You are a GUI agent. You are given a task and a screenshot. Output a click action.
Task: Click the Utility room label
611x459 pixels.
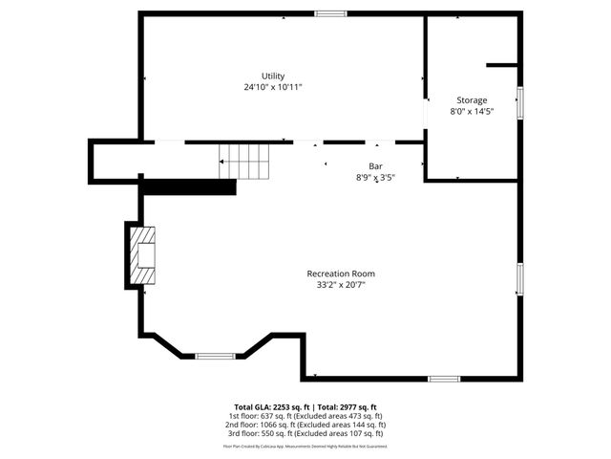273,76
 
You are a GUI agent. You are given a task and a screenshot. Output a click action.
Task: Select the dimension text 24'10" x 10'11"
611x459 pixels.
273,87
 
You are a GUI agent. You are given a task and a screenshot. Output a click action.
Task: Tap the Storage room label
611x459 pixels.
471,100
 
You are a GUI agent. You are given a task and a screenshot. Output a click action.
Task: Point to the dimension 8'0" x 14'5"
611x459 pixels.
471,111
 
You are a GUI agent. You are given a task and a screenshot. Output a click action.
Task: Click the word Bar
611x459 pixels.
363,166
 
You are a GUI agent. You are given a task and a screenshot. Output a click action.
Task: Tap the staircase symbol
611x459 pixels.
246,161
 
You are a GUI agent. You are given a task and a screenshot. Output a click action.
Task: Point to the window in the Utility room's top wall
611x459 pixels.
330,13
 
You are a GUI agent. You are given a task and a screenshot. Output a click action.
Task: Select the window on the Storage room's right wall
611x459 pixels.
520,102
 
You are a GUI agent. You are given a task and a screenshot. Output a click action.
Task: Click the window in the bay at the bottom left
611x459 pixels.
215,357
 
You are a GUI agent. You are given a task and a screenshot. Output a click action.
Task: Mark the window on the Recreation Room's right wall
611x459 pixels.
520,279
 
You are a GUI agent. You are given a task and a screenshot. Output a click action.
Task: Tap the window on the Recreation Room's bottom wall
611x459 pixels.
444,379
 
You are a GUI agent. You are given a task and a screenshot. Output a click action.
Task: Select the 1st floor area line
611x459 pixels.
305,416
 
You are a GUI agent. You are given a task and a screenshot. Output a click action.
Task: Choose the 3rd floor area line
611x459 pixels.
305,433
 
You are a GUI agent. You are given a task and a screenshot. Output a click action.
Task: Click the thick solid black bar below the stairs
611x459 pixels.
188,187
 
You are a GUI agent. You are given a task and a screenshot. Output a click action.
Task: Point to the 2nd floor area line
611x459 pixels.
305,425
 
